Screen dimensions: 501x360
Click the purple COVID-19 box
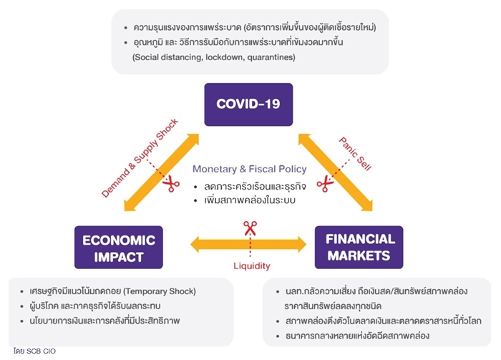[x=248, y=104]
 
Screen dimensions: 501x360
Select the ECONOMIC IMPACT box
[x=119, y=247]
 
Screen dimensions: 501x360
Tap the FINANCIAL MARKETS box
[x=359, y=247]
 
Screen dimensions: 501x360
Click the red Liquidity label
[x=252, y=266]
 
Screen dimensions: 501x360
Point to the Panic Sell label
[x=355, y=154]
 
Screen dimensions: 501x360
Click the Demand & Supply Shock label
[x=140, y=158]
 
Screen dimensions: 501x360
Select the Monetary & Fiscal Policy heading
[x=250, y=169]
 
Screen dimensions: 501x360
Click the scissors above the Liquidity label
[x=250, y=228]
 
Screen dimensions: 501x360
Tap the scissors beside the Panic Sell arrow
[x=325, y=184]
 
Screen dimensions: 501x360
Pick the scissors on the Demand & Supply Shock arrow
[x=171, y=184]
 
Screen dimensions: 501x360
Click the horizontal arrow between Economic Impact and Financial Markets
[x=248, y=245]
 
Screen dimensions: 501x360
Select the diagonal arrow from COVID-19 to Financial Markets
[x=336, y=172]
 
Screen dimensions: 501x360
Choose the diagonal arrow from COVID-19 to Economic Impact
[x=162, y=172]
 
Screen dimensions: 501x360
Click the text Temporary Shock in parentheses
[x=160, y=291]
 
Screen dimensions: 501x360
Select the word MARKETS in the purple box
[x=359, y=256]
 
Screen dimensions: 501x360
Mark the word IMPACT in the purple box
[x=119, y=257]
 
